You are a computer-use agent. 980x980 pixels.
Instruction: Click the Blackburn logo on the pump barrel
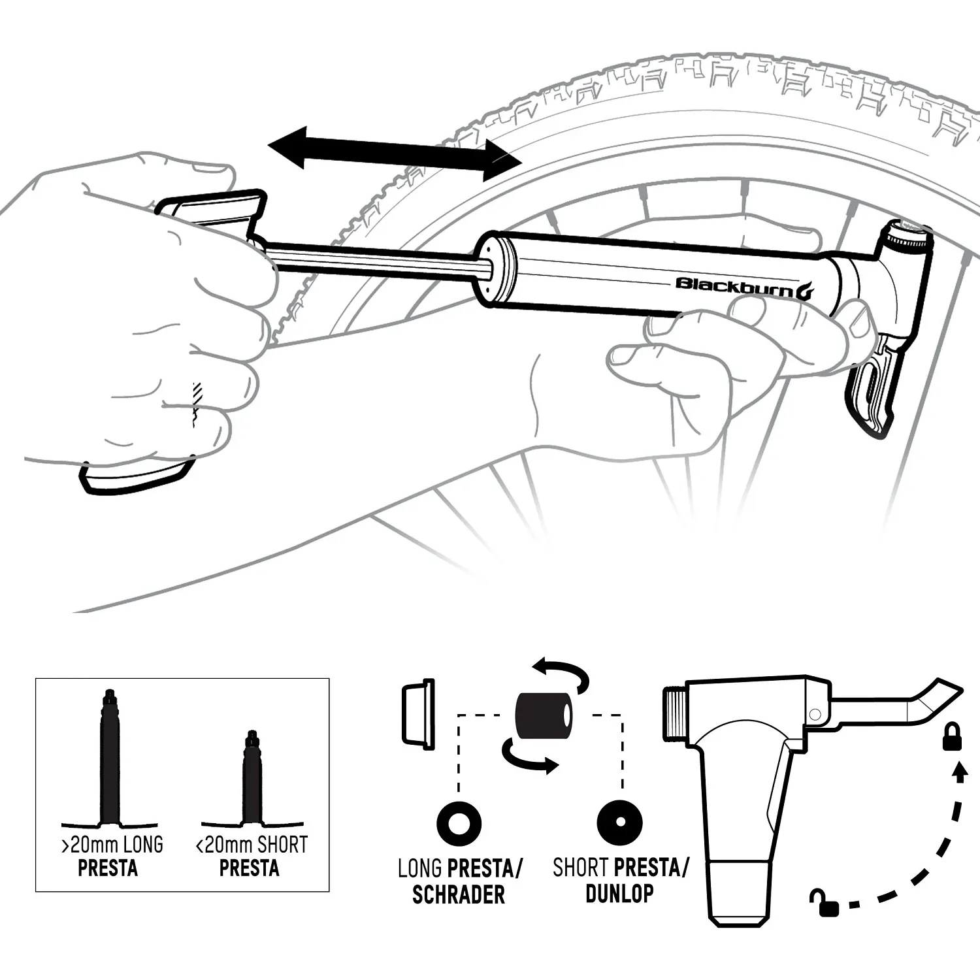click(744, 287)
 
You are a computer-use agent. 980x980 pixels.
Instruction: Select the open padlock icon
click(825, 903)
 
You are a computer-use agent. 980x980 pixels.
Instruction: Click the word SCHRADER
click(459, 894)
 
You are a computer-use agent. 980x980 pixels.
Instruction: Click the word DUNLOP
click(619, 893)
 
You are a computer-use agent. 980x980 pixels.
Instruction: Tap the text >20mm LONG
click(112, 845)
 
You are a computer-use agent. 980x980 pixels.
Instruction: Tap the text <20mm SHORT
click(252, 845)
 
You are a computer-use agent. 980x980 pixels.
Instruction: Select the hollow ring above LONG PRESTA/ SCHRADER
click(459, 822)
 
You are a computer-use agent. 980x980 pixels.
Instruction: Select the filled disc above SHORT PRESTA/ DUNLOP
click(620, 822)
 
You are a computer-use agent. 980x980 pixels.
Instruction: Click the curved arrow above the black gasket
click(561, 675)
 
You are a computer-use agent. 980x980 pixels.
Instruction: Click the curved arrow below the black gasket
click(529, 756)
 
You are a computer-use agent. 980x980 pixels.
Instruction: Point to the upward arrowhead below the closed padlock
click(958, 773)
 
